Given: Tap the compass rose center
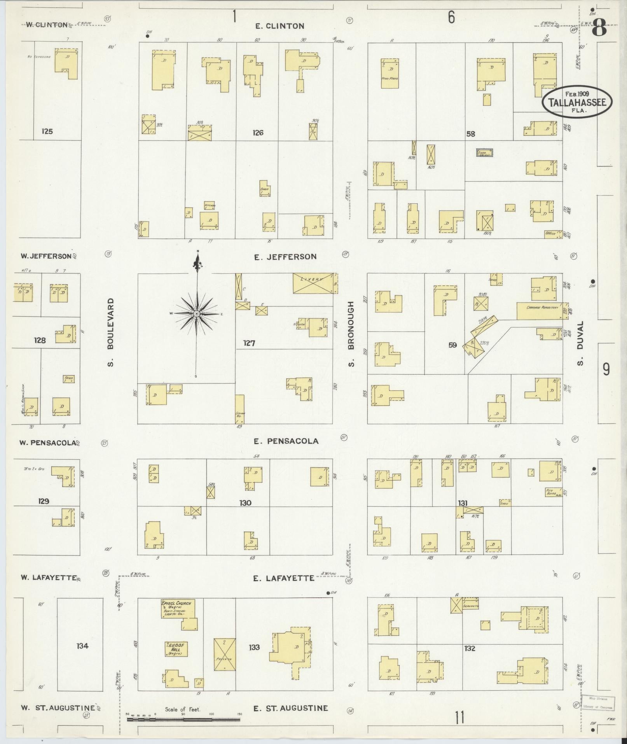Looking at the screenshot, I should click(197, 313).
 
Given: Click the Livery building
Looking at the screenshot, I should click(313, 283).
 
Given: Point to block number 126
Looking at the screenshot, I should click(258, 133).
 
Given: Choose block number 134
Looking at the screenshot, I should click(82, 646).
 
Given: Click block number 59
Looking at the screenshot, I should click(452, 345).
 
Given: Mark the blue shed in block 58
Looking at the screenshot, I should click(485, 153).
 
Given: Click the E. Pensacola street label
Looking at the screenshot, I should click(286, 441).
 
